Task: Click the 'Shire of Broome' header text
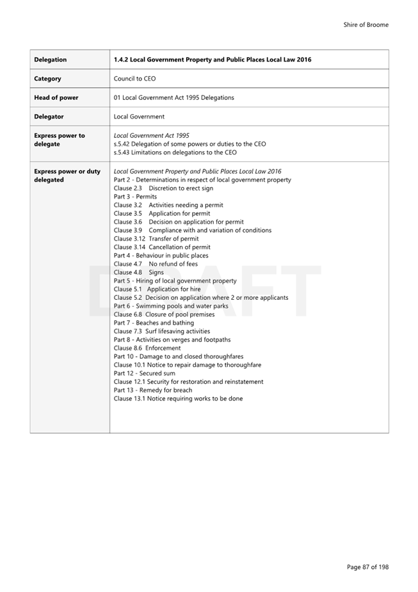click(x=366, y=25)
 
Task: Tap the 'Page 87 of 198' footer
click(x=367, y=567)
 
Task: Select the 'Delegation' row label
click(x=50, y=60)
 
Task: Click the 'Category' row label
click(x=47, y=79)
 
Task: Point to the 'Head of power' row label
click(x=56, y=98)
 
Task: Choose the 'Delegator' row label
click(x=49, y=117)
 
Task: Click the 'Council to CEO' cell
click(x=134, y=79)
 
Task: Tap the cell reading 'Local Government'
click(x=139, y=117)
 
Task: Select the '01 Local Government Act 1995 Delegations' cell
click(x=173, y=98)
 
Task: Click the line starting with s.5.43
click(x=175, y=152)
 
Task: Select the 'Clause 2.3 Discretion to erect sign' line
click(x=163, y=188)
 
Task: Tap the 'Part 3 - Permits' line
click(x=135, y=197)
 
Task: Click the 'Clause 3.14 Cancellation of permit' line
click(x=162, y=247)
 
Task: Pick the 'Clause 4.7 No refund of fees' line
click(x=156, y=264)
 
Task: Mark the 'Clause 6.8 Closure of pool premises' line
click(x=164, y=315)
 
